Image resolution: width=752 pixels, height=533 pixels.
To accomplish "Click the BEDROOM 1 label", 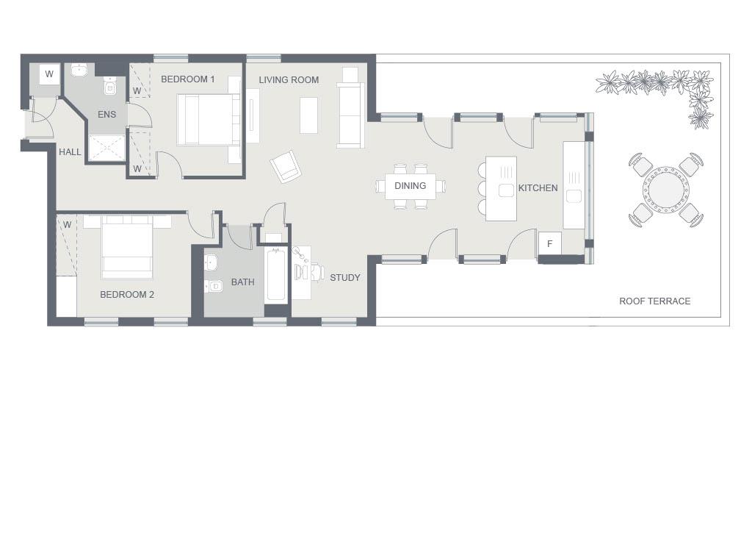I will pos(187,79).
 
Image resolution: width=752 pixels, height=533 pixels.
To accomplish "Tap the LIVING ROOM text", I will pos(289,79).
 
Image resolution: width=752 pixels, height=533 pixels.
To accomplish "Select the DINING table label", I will pos(410,186).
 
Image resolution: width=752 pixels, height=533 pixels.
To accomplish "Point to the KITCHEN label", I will pos(538,188).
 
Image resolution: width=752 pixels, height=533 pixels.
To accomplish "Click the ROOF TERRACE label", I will pos(654,301).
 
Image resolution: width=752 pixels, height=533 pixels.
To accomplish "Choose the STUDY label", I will pos(344,278).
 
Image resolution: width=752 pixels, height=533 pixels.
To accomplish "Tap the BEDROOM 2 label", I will pos(127,295).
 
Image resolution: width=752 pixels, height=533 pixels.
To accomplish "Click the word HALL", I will pos(70,152).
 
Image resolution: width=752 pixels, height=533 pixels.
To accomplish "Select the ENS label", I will pos(106,115).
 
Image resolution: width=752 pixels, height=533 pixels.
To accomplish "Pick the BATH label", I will pos(242,282).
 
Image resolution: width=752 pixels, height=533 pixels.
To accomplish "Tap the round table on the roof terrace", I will pos(665,189).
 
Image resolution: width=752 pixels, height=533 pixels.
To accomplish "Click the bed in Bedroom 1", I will pos(209,119).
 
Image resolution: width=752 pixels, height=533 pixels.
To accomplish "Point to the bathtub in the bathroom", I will pos(276,276).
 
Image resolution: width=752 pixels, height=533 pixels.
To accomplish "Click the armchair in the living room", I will pos(286,166).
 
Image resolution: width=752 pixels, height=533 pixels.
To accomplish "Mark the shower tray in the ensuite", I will pos(107,148).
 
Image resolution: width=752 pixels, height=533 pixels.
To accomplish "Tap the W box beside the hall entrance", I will pos(49,74).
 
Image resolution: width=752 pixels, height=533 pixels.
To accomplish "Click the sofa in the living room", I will pos(350,115).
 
